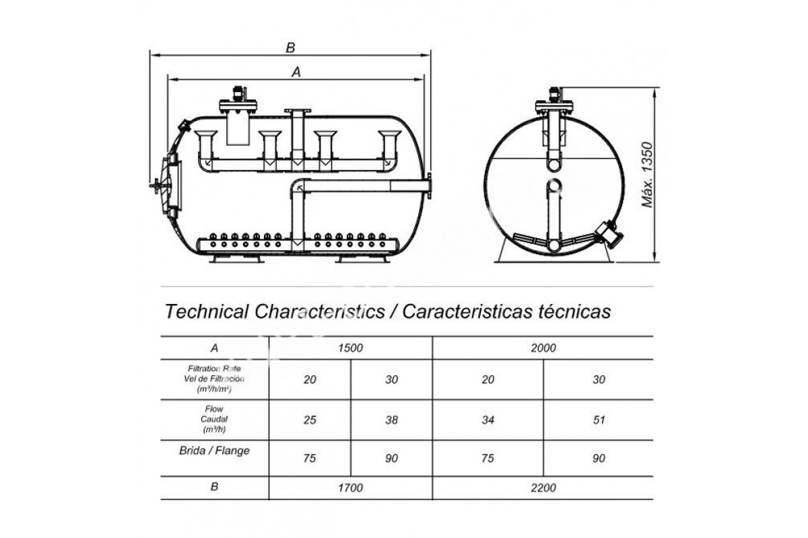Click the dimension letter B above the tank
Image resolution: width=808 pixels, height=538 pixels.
[x=290, y=48]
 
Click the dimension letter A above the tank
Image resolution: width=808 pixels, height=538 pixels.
[x=296, y=72]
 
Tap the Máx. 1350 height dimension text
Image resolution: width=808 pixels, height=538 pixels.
[x=648, y=175]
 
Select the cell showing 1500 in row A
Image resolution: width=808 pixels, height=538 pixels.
[x=350, y=348]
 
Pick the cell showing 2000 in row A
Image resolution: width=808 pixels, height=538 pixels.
[x=543, y=348]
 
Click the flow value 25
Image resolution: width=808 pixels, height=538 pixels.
[x=310, y=420]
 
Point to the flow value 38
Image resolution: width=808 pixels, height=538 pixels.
[x=391, y=420]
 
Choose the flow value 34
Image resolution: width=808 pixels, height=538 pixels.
[x=487, y=420]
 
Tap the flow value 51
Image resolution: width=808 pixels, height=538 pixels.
[x=599, y=420]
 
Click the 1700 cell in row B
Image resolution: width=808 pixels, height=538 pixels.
[x=350, y=488]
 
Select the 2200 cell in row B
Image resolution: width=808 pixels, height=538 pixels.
[x=543, y=488]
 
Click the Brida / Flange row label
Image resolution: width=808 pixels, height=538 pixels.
[x=214, y=451]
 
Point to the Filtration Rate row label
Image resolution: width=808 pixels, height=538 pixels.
[x=214, y=379]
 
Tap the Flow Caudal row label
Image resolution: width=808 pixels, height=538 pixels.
[x=214, y=420]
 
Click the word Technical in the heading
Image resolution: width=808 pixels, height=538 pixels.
[x=206, y=311]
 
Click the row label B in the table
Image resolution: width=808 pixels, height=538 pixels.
[x=214, y=487]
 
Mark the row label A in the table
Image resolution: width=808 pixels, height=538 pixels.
[x=214, y=348]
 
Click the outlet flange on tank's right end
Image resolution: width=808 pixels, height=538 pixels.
[x=429, y=186]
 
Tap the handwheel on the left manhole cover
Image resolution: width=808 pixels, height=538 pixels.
[x=156, y=186]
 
